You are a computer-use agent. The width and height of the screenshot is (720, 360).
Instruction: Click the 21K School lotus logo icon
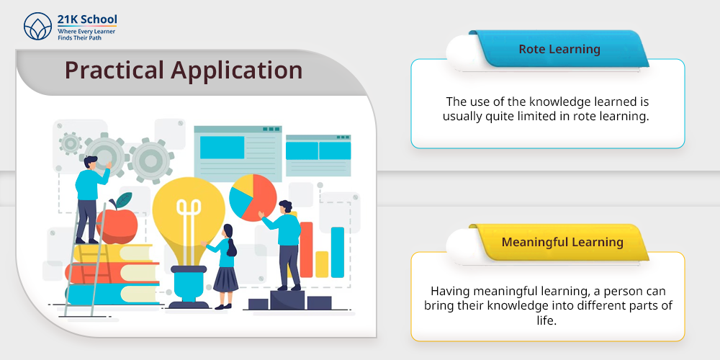click(x=37, y=26)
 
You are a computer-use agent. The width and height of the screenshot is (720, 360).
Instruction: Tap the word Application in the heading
click(x=236, y=71)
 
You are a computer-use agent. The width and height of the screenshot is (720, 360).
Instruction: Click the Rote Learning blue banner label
click(x=559, y=49)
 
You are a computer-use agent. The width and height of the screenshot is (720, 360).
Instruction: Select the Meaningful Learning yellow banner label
click(x=562, y=242)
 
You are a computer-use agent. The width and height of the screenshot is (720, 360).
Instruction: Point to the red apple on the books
click(x=117, y=225)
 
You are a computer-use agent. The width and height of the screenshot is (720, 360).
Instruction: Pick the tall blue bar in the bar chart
click(x=338, y=252)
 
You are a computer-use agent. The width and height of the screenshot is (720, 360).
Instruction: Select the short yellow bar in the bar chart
click(x=322, y=264)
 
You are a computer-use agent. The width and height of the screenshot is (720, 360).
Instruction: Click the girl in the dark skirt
click(x=225, y=266)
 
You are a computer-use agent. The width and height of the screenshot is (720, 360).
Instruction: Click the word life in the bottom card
click(x=546, y=320)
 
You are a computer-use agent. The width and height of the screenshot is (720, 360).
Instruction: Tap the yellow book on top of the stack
click(x=113, y=253)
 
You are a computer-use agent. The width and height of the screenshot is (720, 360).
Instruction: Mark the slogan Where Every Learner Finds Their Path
click(x=86, y=35)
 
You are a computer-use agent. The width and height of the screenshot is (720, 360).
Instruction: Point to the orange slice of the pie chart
click(x=263, y=197)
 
